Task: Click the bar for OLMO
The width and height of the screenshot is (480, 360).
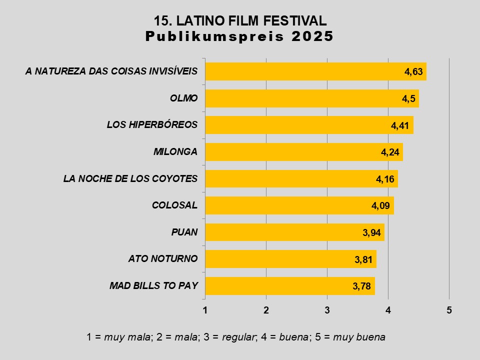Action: pos(311,98)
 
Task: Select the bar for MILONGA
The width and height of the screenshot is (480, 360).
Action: pos(303,152)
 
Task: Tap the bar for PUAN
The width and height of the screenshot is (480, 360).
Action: pos(294,232)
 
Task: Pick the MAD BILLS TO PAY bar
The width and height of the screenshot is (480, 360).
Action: pos(289,286)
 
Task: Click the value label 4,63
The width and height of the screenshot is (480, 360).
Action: pos(414,72)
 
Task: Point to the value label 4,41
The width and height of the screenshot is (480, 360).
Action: pos(401,125)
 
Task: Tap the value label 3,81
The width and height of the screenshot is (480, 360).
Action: pos(364,259)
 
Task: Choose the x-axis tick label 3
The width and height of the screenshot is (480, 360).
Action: pos(327,310)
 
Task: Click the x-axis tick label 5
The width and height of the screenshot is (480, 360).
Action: pos(449,310)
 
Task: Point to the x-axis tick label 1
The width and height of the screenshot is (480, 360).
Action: pos(205,310)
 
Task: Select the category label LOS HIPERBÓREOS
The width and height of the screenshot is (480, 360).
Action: pos(152,124)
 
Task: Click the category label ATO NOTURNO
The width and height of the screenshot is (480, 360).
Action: pos(162,258)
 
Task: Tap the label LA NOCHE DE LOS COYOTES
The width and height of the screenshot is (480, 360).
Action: pos(130,178)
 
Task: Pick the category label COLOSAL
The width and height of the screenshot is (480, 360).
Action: pos(174,205)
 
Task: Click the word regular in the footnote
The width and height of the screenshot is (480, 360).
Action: pos(240,337)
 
